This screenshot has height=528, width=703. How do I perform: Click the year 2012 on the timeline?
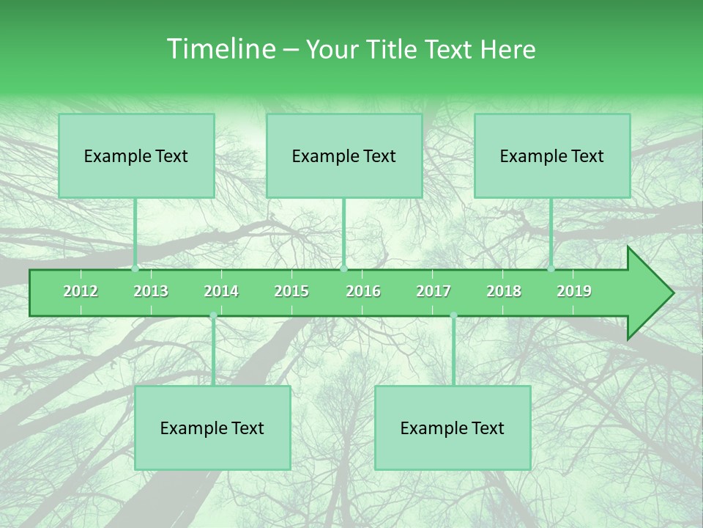81,291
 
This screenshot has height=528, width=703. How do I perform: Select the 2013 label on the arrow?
151,291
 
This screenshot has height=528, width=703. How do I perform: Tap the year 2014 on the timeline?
221,291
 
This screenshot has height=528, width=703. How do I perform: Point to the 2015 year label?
291,291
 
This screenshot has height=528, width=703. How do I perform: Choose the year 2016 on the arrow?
363,291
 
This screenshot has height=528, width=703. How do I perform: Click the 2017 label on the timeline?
434,291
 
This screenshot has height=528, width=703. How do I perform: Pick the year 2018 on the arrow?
504,291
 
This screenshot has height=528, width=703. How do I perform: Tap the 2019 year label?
574,291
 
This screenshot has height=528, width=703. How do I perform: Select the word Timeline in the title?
219,49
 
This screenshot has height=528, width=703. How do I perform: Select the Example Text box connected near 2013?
136,156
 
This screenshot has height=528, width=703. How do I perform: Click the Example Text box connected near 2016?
344,156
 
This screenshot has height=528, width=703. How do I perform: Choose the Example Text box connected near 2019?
552,156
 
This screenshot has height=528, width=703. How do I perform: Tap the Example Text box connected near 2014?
212,428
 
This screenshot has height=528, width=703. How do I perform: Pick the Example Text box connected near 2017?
453,428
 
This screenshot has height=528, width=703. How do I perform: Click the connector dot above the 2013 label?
135,268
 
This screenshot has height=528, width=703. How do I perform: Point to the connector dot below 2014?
213,316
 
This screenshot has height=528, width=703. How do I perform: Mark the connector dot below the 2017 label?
453,316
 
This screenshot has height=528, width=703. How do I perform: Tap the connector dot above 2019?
551,268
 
